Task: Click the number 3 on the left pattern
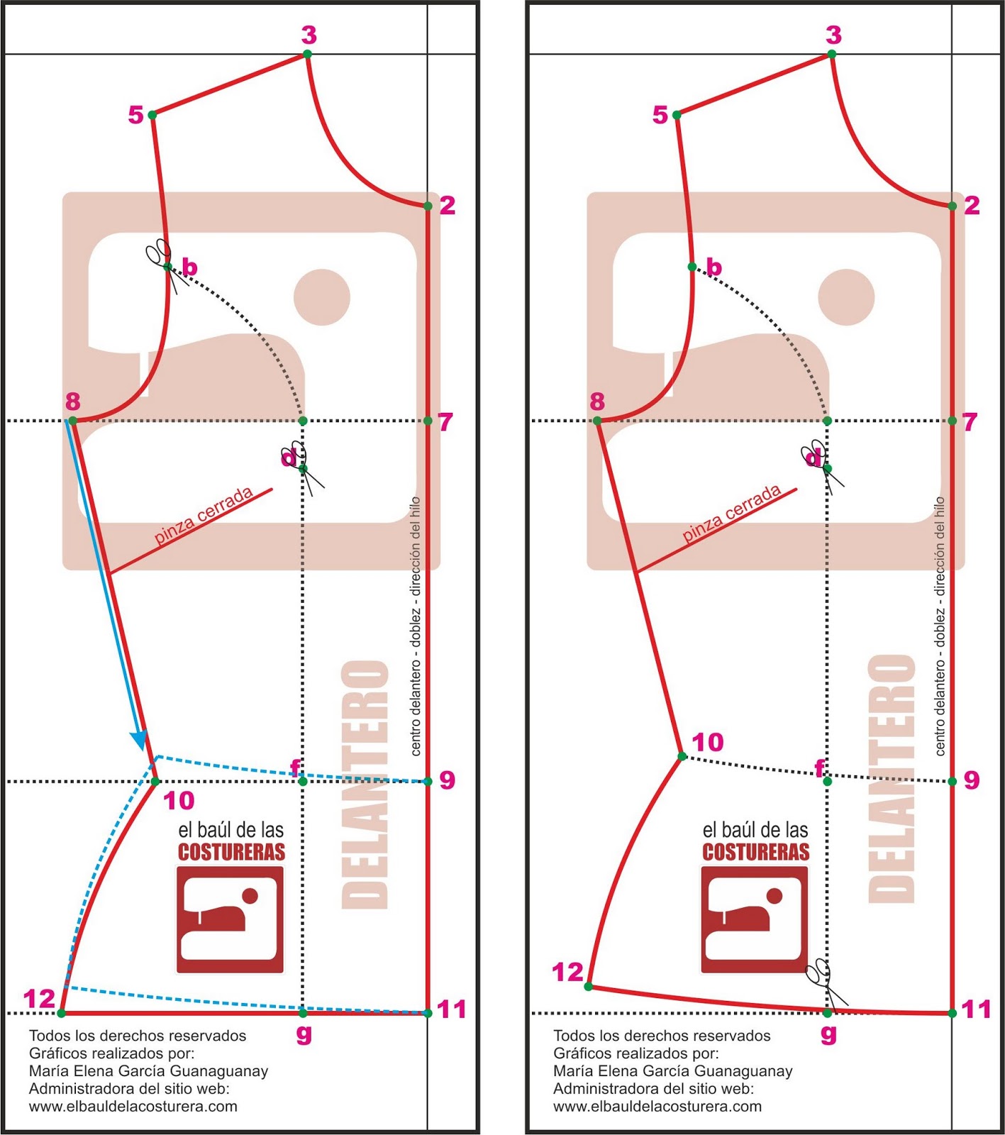click(309, 34)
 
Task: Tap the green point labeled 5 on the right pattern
click(677, 115)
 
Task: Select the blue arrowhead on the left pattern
click(140, 741)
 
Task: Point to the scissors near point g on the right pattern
click(826, 982)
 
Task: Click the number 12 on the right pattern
click(567, 972)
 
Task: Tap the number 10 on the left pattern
click(179, 800)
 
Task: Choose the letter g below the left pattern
click(304, 1034)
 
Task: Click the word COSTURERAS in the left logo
click(231, 852)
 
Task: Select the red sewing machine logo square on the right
click(755, 920)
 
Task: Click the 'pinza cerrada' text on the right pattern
click(731, 514)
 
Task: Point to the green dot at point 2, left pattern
click(428, 206)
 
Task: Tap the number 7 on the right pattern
click(970, 421)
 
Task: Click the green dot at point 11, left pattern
click(428, 1013)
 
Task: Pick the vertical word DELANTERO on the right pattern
click(892, 778)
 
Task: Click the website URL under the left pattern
click(133, 1107)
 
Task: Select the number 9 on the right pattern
click(971, 780)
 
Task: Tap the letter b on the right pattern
click(714, 267)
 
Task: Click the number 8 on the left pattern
click(72, 402)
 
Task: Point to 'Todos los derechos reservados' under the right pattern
click(662, 1036)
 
